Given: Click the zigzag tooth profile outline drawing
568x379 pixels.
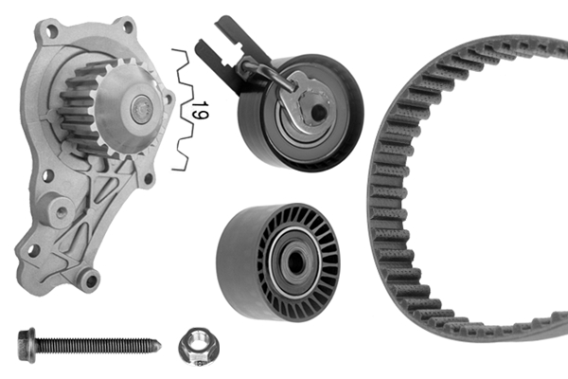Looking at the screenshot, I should [183, 109].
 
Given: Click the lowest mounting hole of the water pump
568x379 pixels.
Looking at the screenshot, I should [89, 280].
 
